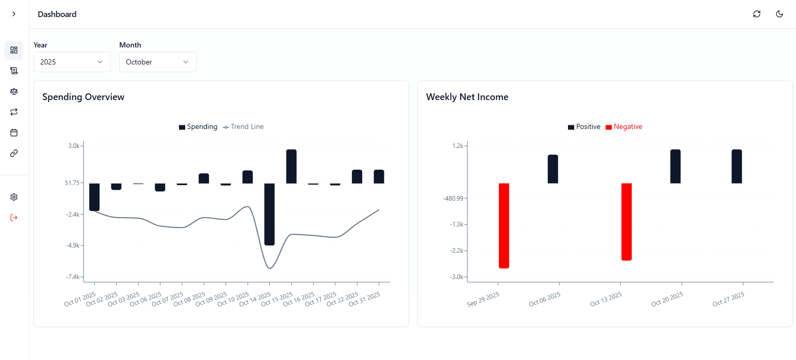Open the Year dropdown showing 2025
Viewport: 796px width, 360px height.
click(x=72, y=62)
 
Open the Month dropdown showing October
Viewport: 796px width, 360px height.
click(x=157, y=62)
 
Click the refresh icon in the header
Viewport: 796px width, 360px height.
click(x=757, y=14)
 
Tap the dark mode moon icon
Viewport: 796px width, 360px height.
click(x=779, y=14)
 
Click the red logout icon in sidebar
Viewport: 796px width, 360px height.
click(x=14, y=218)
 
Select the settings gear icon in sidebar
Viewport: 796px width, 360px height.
click(x=14, y=197)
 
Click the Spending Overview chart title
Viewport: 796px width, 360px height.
click(x=83, y=97)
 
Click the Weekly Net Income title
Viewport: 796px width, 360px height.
click(x=467, y=97)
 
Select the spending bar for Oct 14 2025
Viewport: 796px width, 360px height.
click(x=269, y=214)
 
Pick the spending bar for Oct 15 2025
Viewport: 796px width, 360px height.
click(x=291, y=166)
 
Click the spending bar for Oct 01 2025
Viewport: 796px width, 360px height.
click(x=94, y=197)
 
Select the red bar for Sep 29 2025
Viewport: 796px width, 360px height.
click(x=504, y=225)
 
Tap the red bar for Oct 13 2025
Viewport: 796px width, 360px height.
click(x=626, y=222)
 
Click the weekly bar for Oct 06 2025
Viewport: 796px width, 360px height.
click(x=553, y=169)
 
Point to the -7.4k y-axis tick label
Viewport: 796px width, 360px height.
click(x=73, y=277)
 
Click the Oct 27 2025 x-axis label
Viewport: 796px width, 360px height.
click(x=729, y=299)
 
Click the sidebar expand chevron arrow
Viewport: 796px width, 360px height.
click(x=14, y=14)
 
